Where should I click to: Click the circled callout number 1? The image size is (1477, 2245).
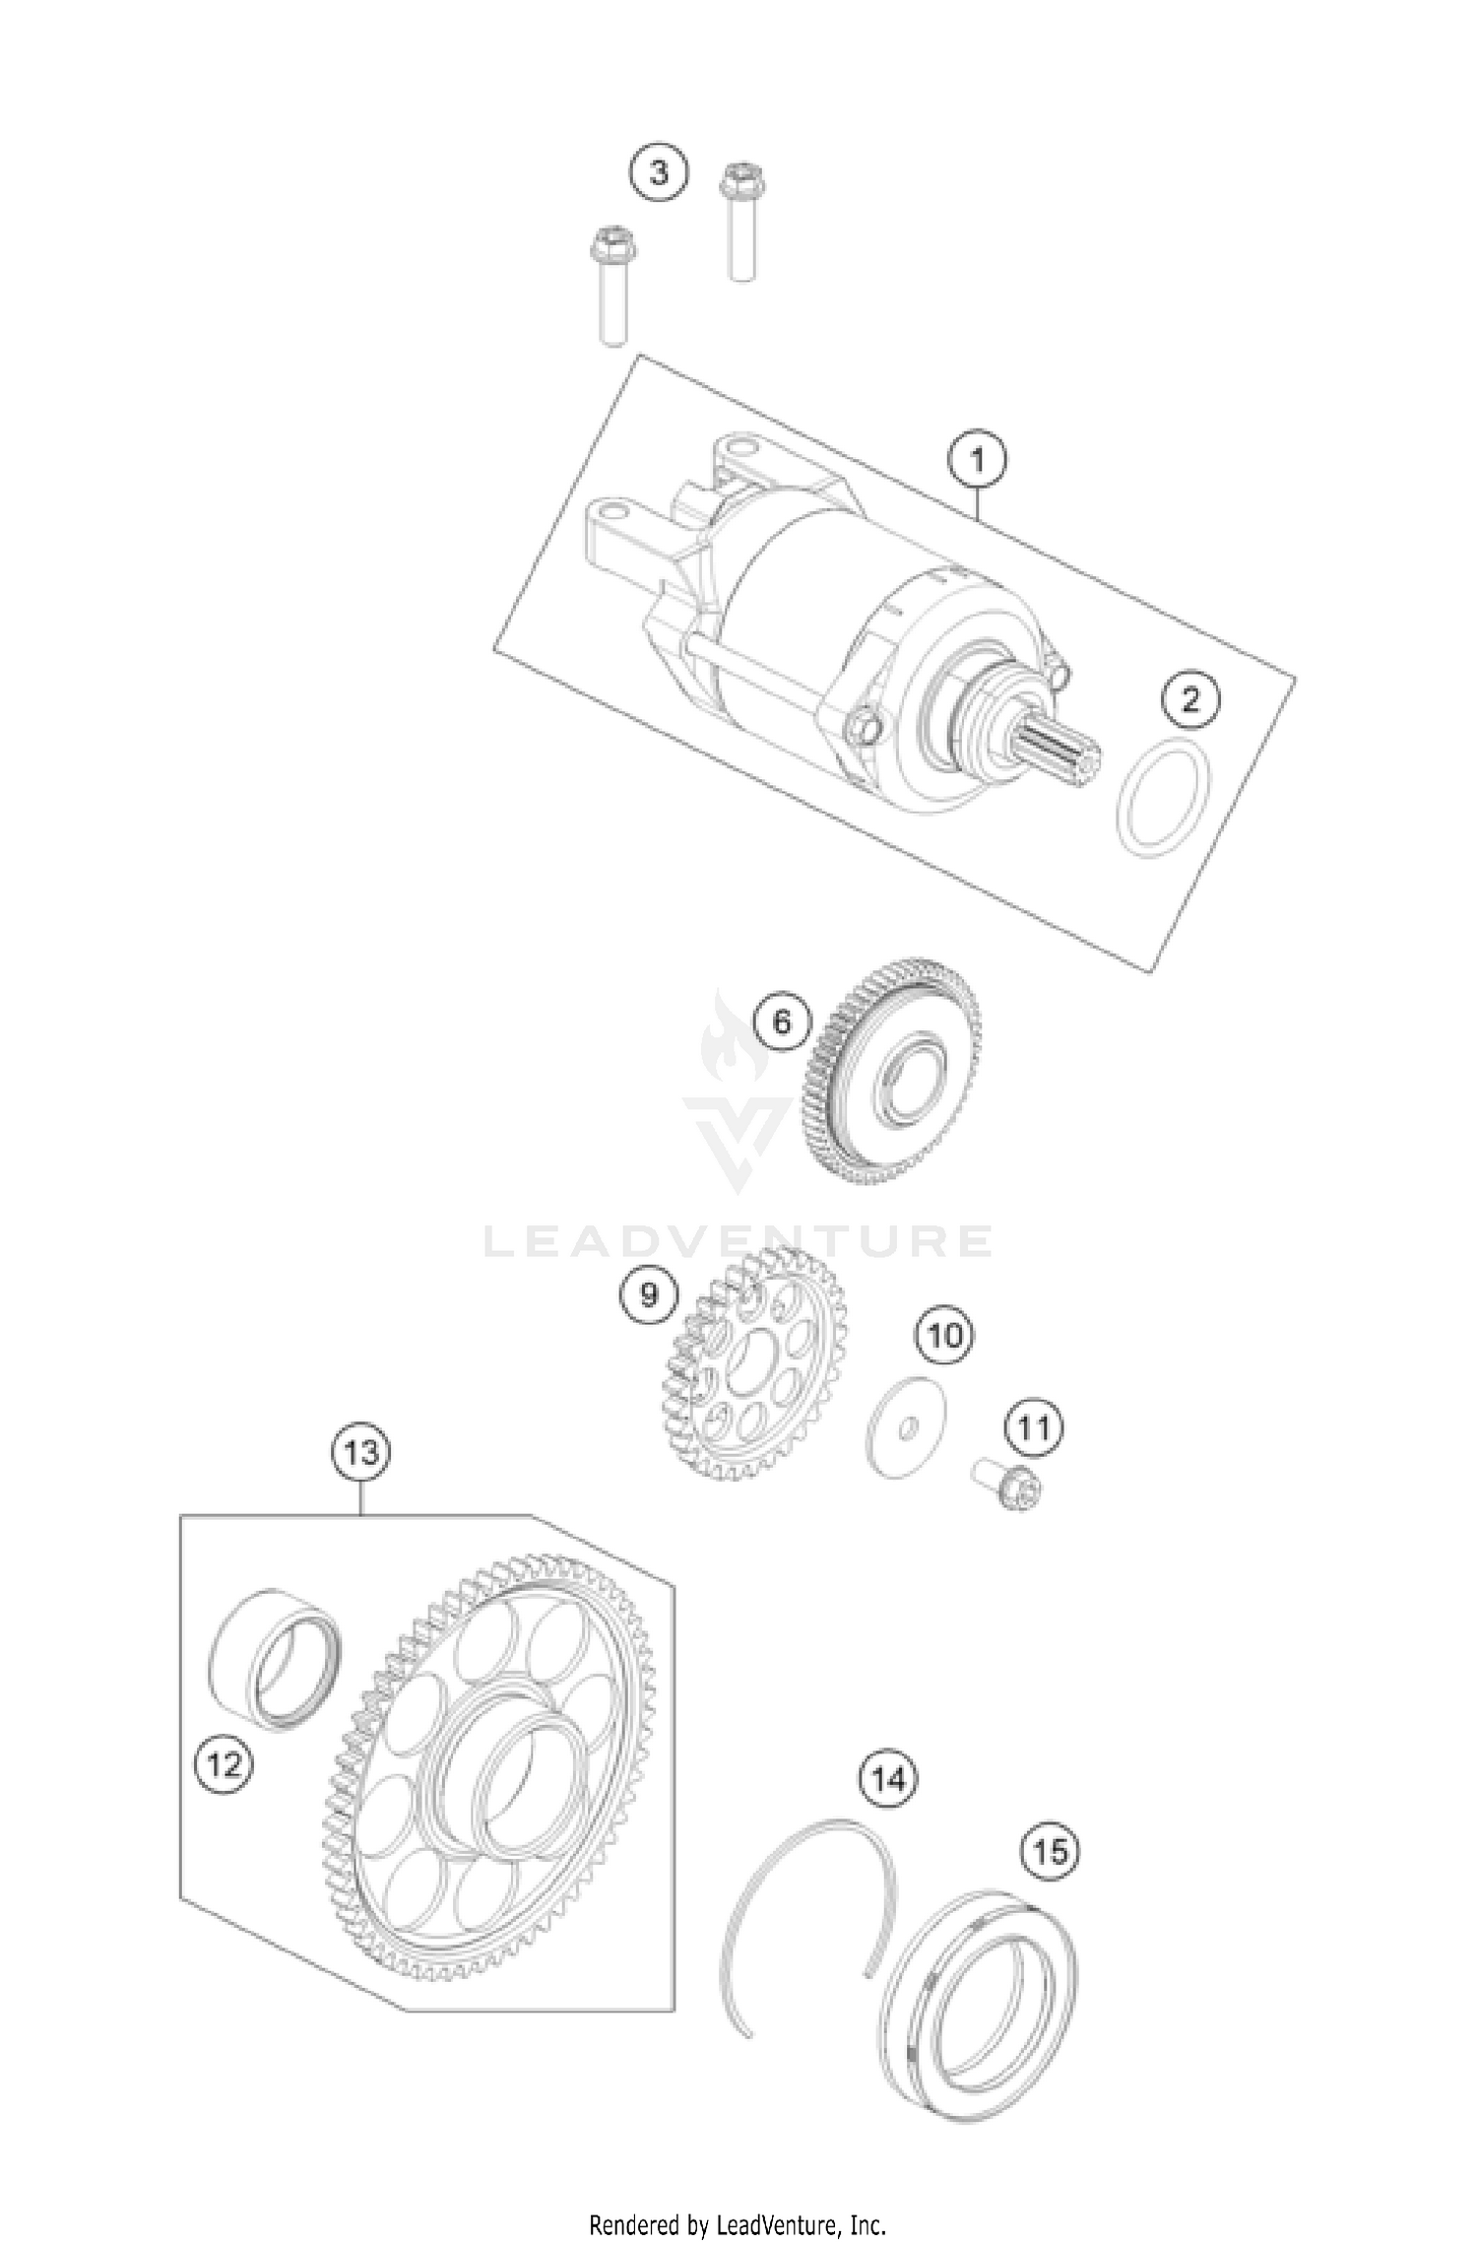tap(977, 460)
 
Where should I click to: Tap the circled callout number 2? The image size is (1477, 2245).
tap(1190, 700)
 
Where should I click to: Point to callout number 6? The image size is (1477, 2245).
tap(781, 1022)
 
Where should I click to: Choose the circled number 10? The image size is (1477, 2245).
tap(944, 1336)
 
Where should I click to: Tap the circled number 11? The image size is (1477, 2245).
tap(1033, 1427)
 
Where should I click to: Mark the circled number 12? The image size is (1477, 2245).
tap(225, 1764)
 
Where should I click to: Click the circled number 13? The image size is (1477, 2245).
tap(360, 1451)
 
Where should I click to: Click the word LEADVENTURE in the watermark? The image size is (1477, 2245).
tap(738, 1242)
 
